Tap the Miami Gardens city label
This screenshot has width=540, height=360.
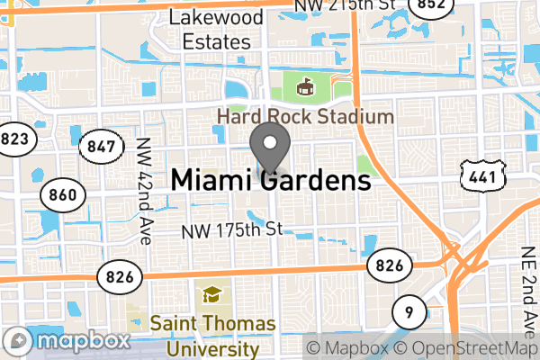(x=271, y=181)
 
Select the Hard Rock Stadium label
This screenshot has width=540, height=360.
(x=304, y=117)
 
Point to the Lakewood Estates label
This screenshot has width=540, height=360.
(x=217, y=30)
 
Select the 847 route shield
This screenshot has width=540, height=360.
(x=97, y=147)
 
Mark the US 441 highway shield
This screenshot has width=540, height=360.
(x=481, y=176)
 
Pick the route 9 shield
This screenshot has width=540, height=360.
(x=410, y=313)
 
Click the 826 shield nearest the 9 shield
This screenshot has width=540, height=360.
(x=389, y=265)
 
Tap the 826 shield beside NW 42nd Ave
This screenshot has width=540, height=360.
(x=119, y=274)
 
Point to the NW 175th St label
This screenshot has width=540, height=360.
(x=232, y=230)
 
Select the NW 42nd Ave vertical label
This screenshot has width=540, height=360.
(x=144, y=190)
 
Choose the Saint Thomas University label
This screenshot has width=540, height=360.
(x=205, y=334)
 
